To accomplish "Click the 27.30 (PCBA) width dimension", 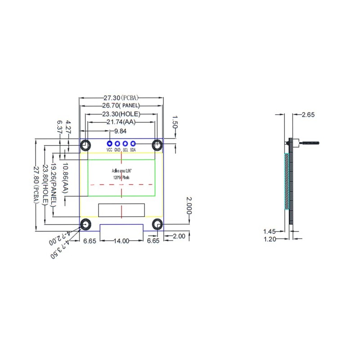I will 121,98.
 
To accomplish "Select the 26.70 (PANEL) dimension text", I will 121,106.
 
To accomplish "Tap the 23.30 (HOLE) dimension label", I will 121,114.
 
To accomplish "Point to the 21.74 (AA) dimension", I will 121,122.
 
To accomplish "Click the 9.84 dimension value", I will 120,131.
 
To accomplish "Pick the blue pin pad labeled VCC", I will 109,144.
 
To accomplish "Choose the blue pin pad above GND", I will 117,144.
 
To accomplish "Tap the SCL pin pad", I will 125,144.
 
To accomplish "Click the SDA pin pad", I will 133,144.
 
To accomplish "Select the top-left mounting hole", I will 85,145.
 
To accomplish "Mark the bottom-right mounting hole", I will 157,224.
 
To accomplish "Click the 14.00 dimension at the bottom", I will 121,241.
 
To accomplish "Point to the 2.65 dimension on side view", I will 308,115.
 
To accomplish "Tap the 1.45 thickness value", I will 270,231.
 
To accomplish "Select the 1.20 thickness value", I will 270,239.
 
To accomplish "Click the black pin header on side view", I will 309,143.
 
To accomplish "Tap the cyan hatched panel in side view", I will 287,181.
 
